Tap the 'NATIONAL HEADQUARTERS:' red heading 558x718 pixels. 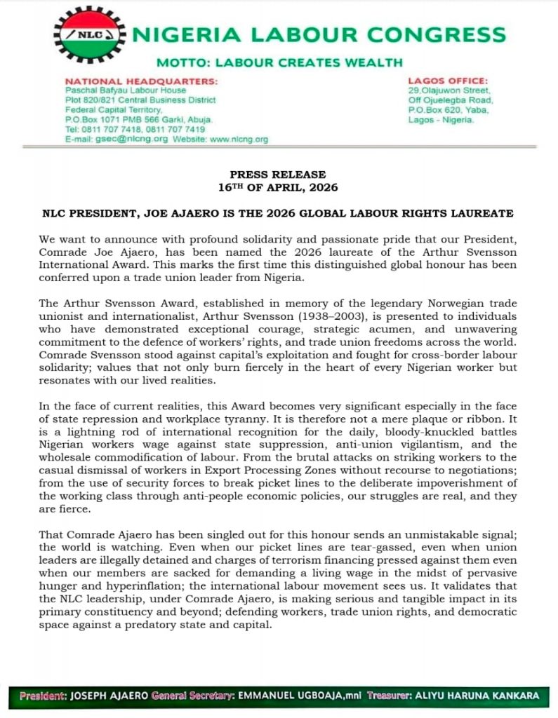pos(141,81)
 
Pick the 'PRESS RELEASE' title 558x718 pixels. pos(279,175)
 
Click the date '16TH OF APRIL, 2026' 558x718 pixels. pos(279,187)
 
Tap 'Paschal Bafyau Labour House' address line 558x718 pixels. pos(126,90)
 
